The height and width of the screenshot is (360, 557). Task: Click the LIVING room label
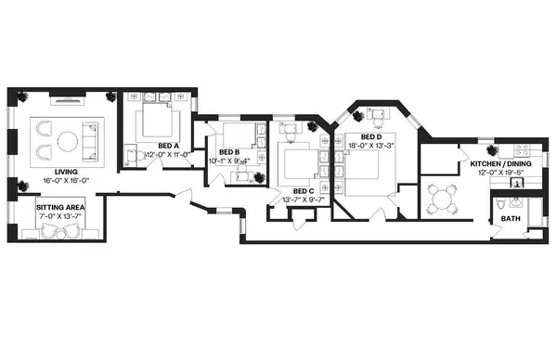click(66, 172)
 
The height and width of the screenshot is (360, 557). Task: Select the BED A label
click(168, 146)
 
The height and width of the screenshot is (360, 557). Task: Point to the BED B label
click(229, 152)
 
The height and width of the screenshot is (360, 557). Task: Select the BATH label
click(511, 219)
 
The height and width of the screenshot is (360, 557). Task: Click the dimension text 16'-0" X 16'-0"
click(67, 180)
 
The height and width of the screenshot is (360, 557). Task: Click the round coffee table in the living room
click(68, 141)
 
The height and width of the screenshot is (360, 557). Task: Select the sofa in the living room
click(91, 141)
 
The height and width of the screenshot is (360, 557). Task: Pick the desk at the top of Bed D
click(382, 115)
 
